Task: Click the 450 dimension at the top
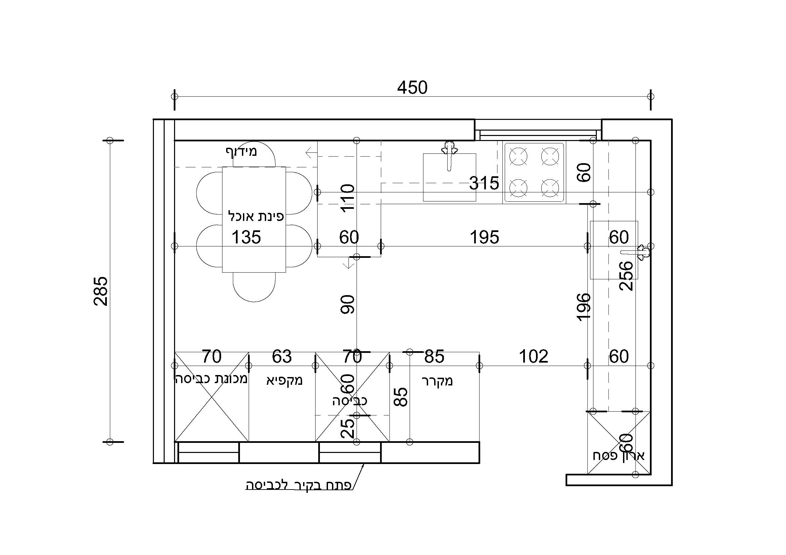tap(412, 88)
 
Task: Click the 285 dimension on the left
tap(101, 291)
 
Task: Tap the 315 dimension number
tap(484, 183)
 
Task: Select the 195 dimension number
tap(484, 237)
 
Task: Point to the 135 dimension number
tap(246, 237)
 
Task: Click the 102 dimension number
tap(533, 356)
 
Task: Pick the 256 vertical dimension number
tap(626, 276)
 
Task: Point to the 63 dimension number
tap(282, 356)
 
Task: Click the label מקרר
tap(437, 381)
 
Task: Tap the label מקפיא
tap(285, 380)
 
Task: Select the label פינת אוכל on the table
tap(256, 216)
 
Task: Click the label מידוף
tap(241, 151)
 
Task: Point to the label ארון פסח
tap(619, 456)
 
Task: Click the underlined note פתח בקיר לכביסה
tap(298, 485)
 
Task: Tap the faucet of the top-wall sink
tap(450, 155)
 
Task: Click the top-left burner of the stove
tap(518, 156)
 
